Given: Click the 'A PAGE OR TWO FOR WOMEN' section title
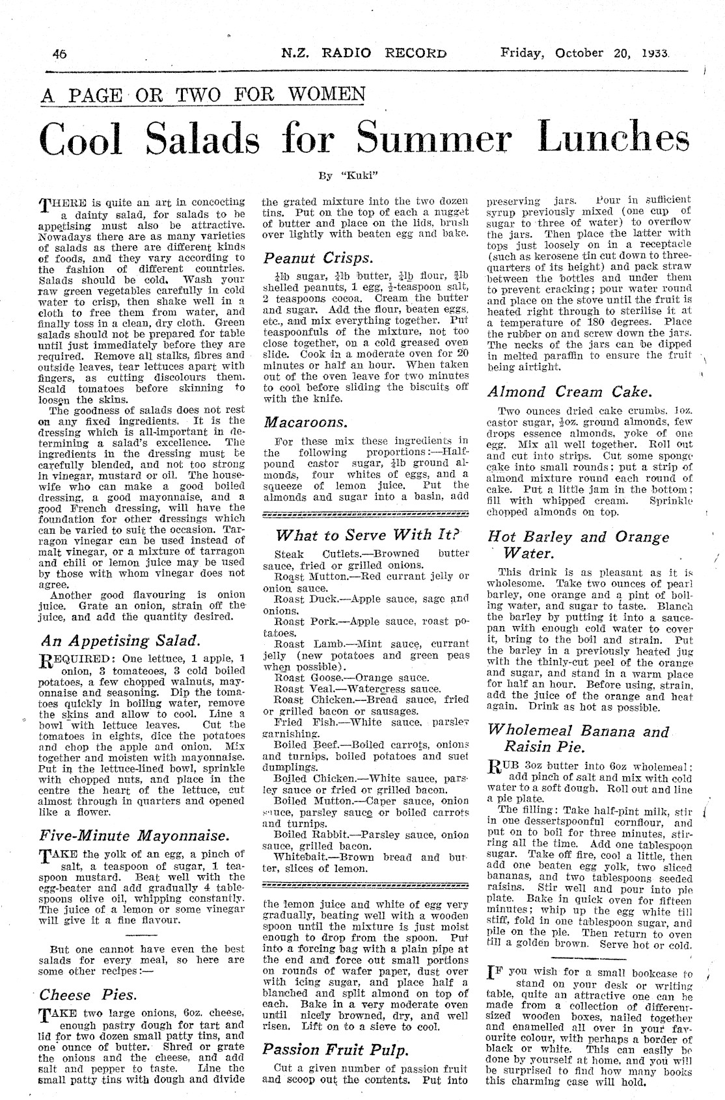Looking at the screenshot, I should click(202, 95).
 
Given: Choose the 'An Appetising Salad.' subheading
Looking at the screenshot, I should click(119, 640).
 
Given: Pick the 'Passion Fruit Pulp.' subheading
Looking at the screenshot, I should click(336, 1049).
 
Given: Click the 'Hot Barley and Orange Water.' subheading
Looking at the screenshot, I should click(578, 545).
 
